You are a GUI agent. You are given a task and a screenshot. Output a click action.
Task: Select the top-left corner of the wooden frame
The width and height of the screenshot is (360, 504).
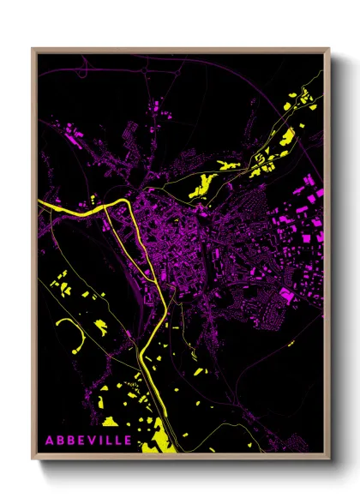pyautogui.click(x=33, y=49)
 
